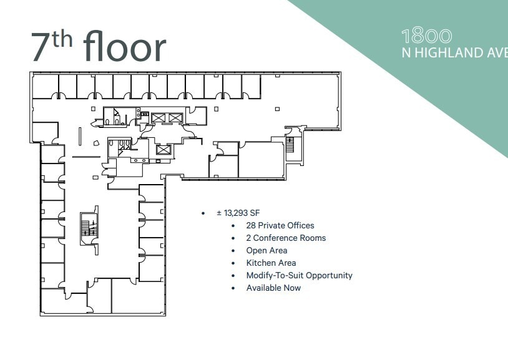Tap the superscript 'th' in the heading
pyautogui.click(x=64, y=39)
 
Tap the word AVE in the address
pyautogui.click(x=496, y=52)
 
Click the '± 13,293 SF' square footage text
pyautogui.click(x=238, y=213)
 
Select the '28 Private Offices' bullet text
pyautogui.click(x=280, y=225)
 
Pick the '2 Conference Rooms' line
pyautogui.click(x=286, y=238)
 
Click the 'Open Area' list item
pyautogui.click(x=266, y=250)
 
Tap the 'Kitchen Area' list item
pyautogui.click(x=271, y=263)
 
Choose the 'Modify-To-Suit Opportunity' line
pyautogui.click(x=299, y=275)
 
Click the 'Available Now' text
pyautogui.click(x=273, y=288)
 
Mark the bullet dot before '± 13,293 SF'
pyautogui.click(x=203, y=213)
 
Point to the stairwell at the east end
pyautogui.click(x=290, y=145)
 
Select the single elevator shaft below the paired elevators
pyautogui.click(x=164, y=150)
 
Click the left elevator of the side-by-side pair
pyautogui.click(x=158, y=117)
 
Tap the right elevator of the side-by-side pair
pyautogui.click(x=175, y=117)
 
